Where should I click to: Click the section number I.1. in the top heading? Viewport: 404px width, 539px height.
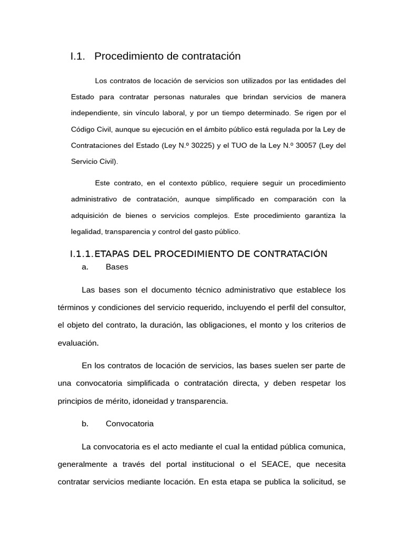click(77, 56)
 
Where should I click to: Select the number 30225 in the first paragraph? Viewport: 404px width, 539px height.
click(201, 145)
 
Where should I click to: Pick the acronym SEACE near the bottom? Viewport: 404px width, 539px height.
click(274, 464)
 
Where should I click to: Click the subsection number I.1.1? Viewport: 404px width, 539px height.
click(81, 254)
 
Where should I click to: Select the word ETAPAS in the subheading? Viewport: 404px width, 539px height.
click(112, 254)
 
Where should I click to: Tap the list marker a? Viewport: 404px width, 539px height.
click(85, 267)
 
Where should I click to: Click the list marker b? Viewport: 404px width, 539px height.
click(85, 423)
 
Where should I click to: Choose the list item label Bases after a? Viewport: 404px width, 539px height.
click(117, 267)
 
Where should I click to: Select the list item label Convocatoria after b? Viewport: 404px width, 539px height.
click(129, 423)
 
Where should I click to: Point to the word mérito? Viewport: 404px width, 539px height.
click(119, 401)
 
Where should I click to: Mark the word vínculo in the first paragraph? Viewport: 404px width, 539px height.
click(147, 113)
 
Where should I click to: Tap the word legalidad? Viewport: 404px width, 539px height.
click(86, 231)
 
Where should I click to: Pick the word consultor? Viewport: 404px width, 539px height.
click(329, 307)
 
